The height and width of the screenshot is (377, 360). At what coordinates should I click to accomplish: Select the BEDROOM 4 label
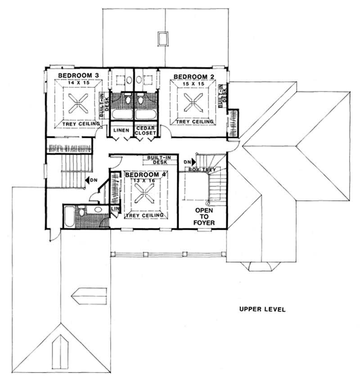(x=142, y=175)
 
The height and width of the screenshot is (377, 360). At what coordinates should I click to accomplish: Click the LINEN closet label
(x=121, y=130)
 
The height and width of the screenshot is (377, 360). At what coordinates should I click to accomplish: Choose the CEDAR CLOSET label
(x=146, y=130)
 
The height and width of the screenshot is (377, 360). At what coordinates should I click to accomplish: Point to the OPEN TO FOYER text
(x=204, y=217)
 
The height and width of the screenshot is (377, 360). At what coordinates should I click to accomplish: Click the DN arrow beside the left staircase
(x=90, y=179)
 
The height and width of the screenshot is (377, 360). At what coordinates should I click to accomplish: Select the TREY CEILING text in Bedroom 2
(x=194, y=122)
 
